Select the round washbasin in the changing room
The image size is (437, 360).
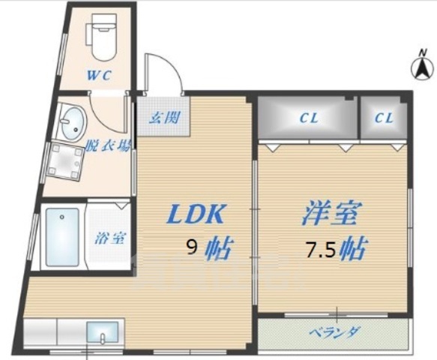[x=71, y=122]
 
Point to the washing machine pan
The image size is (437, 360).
[x=65, y=162]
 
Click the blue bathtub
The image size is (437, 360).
[x=62, y=236]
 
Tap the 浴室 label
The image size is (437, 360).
[x=109, y=238]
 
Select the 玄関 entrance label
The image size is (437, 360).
[x=162, y=117]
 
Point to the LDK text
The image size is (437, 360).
[x=195, y=215]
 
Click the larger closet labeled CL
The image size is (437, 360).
[x=307, y=117]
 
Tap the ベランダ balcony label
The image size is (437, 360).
[x=336, y=332]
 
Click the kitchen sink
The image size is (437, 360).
[x=100, y=331]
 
